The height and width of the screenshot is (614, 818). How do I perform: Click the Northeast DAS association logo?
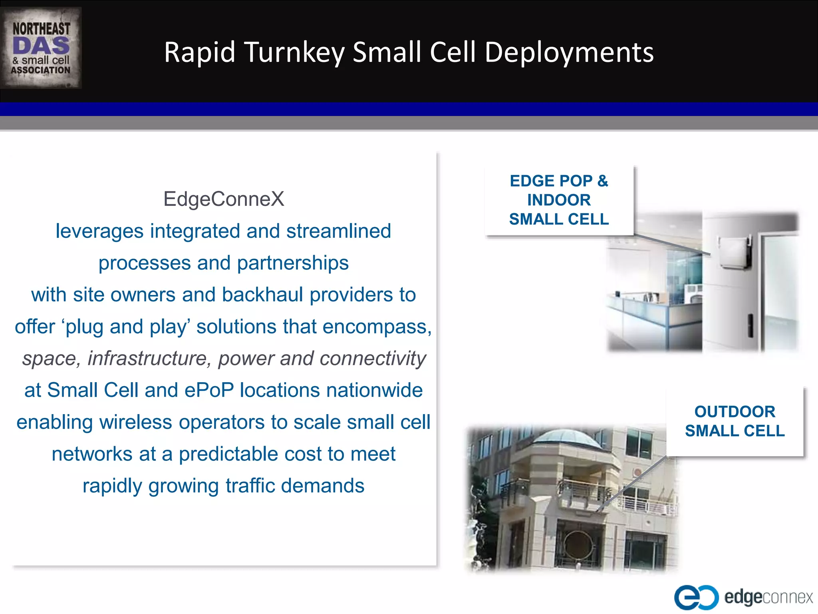coord(41,48)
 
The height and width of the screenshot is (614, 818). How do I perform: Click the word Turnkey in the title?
coord(294,52)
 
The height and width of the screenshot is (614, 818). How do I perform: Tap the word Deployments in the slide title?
coord(569,52)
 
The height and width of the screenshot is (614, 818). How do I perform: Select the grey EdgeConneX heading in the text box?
coord(224,199)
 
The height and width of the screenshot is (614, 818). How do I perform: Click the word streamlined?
coord(338,231)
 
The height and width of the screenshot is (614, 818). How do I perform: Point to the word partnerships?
coord(293,263)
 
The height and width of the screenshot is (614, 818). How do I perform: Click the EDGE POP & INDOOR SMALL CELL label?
coord(559,200)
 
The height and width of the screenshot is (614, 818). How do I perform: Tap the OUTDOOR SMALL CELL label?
coord(735,421)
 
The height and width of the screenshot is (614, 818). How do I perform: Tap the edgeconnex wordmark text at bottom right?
coord(768,597)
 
